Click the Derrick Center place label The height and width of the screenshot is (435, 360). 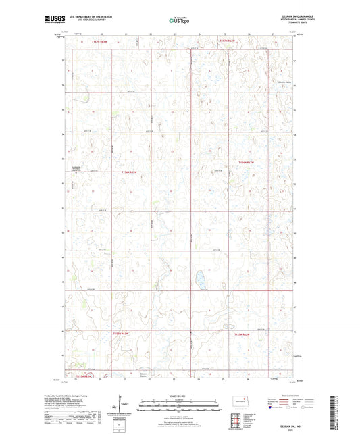tap(284, 82)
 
